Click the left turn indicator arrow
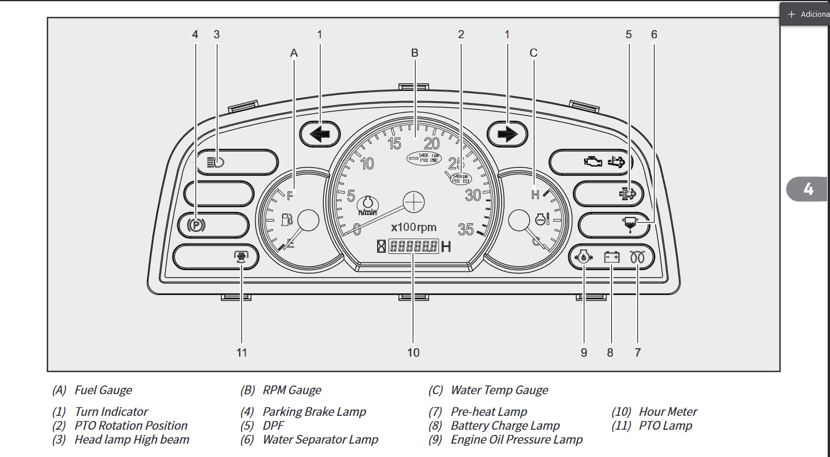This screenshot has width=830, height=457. [x=319, y=135]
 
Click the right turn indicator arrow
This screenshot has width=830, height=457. [x=507, y=135]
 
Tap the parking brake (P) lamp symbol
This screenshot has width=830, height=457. [x=196, y=225]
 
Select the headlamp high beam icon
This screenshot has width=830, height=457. [x=215, y=162]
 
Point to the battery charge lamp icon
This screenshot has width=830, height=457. [x=612, y=257]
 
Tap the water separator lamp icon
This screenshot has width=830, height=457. [x=628, y=224]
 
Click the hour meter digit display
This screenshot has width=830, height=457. [x=413, y=246]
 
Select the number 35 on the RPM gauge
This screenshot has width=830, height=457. [x=466, y=230]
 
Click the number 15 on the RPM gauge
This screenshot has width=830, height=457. [x=394, y=143]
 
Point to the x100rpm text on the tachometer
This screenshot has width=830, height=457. [x=414, y=227]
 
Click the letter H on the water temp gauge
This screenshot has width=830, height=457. [x=535, y=195]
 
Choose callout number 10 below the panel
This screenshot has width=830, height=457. [x=413, y=352]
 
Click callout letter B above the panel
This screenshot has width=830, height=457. [x=415, y=53]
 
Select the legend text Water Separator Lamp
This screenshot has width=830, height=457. [x=320, y=440]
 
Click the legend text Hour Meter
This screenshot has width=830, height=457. [x=668, y=412]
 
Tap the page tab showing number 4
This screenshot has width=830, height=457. [x=808, y=189]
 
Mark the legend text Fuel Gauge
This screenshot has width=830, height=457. [x=103, y=390]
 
